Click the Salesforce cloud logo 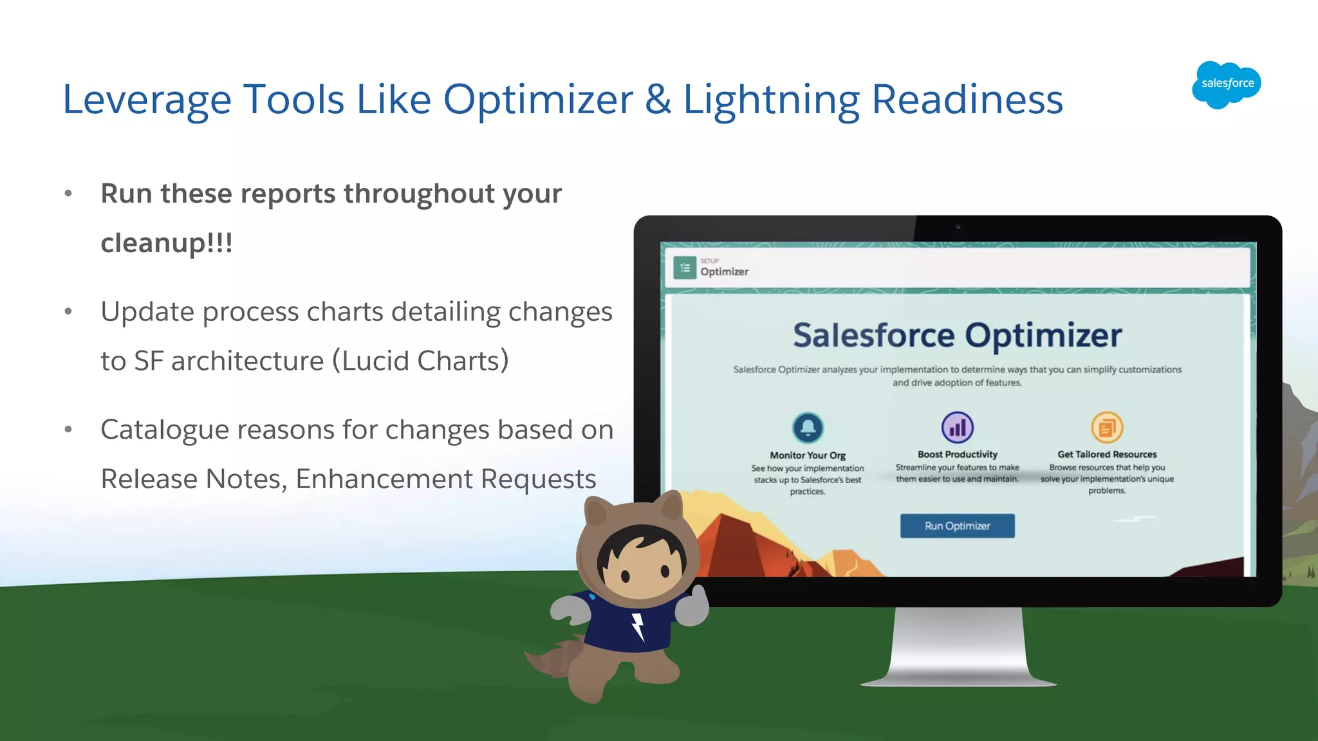tap(1226, 84)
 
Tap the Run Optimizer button tap(957, 526)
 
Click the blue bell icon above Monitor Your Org tap(808, 427)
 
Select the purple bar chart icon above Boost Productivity tap(957, 427)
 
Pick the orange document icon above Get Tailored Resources tap(1107, 427)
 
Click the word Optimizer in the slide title tap(538, 100)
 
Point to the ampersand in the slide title tap(658, 100)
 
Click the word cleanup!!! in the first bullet tap(167, 243)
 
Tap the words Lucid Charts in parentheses tap(421, 361)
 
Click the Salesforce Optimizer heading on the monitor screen tap(957, 335)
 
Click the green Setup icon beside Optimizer tap(685, 268)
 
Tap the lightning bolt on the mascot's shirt tap(637, 626)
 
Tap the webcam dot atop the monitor tap(958, 226)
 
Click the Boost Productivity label tap(957, 454)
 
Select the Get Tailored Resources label tap(1107, 454)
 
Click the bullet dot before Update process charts tap(68, 312)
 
